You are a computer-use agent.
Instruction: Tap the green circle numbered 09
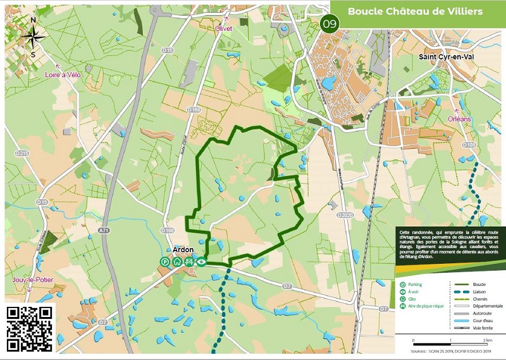tap(330, 24)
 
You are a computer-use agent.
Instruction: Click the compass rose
tap(33, 36)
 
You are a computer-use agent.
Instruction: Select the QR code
tap(30, 328)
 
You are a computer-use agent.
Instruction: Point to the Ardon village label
tap(183, 249)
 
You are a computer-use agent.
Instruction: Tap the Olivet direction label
tap(224, 28)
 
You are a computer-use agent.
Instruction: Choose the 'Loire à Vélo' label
tap(63, 75)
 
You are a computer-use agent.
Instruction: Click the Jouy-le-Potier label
tap(32, 280)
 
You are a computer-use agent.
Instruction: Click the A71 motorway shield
tap(104, 232)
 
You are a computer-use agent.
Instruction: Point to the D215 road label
tap(22, 154)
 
